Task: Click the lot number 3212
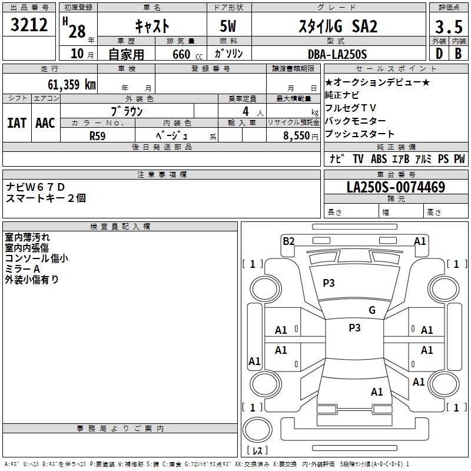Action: [29, 25]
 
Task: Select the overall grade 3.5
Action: [449, 26]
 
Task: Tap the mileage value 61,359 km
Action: [72, 84]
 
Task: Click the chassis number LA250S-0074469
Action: [396, 187]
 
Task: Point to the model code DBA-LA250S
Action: [337, 54]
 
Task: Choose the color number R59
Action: [97, 136]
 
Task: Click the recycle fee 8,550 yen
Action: [301, 135]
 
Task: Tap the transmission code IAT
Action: [16, 123]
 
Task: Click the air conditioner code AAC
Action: [45, 123]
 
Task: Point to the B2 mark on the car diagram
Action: [288, 241]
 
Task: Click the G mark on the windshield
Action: [372, 310]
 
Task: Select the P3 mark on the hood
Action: [329, 283]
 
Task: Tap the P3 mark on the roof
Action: [354, 327]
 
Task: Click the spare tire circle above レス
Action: [257, 429]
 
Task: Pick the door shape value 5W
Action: [228, 26]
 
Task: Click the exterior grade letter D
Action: [439, 54]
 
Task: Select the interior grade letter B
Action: [458, 54]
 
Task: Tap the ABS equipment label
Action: [379, 158]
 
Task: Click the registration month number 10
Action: [77, 54]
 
